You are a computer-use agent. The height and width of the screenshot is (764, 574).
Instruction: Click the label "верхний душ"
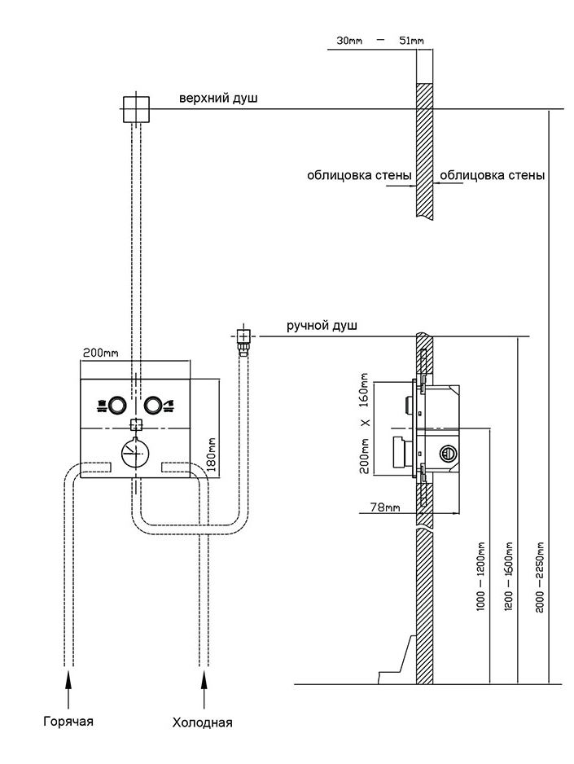[218, 99]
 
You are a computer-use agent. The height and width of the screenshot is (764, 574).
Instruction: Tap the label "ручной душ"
[322, 326]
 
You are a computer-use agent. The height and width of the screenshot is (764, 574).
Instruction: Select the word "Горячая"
[69, 721]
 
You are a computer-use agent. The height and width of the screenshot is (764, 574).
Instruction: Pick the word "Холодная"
[203, 722]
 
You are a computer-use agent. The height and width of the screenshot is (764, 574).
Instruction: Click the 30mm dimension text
[348, 39]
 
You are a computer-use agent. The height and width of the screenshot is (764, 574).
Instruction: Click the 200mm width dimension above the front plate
[100, 353]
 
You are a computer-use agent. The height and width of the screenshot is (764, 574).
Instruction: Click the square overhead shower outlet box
[136, 108]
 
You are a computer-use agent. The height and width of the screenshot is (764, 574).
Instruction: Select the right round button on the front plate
[153, 405]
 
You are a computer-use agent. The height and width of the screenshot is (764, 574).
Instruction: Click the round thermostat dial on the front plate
[135, 452]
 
